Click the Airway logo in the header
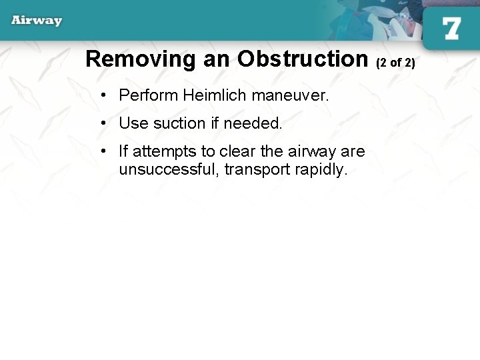[x=37, y=20]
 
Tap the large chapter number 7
[x=451, y=28]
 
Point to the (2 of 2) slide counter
[x=395, y=63]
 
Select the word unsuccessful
[x=169, y=169]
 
